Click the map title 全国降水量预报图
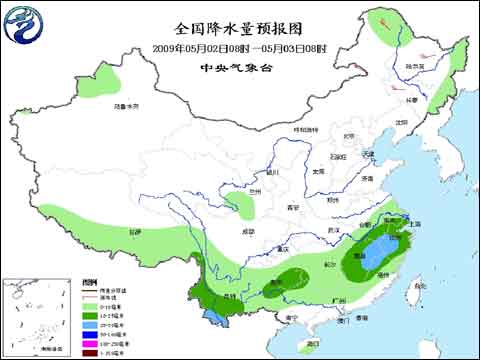239,28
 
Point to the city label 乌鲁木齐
124,104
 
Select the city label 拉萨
134,231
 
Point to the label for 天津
369,153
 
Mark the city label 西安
293,207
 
